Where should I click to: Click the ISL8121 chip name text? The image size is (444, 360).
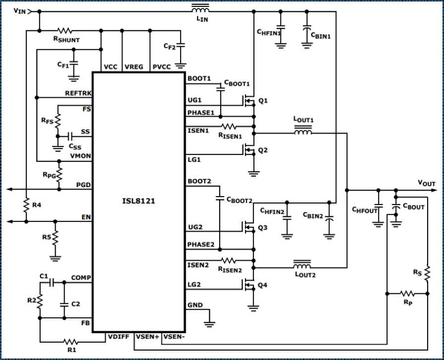pyautogui.click(x=138, y=202)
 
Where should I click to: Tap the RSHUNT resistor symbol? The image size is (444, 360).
pyautogui.click(x=66, y=30)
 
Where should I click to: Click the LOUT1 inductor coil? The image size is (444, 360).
pyautogui.click(x=303, y=133)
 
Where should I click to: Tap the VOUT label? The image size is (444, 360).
pyautogui.click(x=426, y=184)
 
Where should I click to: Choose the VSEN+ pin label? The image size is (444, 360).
pyautogui.click(x=148, y=337)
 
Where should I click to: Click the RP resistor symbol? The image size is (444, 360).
pyautogui.click(x=407, y=293)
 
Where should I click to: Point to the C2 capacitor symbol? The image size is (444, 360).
pyautogui.click(x=63, y=303)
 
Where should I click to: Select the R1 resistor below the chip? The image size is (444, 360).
pyautogui.click(x=70, y=342)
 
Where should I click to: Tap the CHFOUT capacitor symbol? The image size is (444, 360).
pyautogui.click(x=378, y=207)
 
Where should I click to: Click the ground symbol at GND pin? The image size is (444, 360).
pyautogui.click(x=209, y=323)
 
